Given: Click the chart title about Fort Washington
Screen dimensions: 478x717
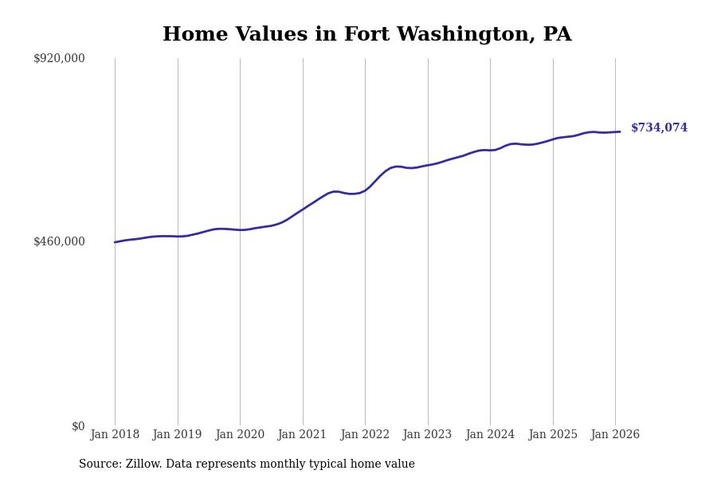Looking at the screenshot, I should coord(366,35).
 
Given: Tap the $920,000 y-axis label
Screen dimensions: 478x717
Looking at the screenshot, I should coord(59,58).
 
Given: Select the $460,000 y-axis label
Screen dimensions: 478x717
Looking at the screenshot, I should coord(59,241).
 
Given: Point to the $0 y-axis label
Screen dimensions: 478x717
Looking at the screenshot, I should coord(78,426).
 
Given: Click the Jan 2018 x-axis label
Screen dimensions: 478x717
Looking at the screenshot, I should coord(115,435).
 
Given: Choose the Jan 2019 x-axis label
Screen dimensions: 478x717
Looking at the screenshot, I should coord(177,435).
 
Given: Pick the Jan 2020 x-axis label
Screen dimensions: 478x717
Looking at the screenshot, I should coord(240,435).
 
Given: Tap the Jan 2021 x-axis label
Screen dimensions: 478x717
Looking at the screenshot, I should coord(302,435).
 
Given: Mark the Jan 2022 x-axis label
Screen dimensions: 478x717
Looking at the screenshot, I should coord(365,435).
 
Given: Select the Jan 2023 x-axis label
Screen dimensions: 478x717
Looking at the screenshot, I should coord(427,435).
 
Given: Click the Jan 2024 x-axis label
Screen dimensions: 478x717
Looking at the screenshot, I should coord(490,435).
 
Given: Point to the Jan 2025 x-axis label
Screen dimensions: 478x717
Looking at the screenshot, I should coord(552,435).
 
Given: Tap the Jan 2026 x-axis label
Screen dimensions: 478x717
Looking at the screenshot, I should coord(615,435).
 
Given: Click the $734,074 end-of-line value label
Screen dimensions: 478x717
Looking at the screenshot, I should coord(659,128).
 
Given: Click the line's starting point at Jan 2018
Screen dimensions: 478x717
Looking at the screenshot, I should coord(115,242).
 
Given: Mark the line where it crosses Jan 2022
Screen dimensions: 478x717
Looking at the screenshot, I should coord(365,190).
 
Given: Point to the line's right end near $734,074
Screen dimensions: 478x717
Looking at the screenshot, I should coord(620,131).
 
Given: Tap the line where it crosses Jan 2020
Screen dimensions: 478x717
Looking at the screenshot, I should coord(240,230).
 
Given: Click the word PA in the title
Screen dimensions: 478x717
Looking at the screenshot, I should coord(557,35).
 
